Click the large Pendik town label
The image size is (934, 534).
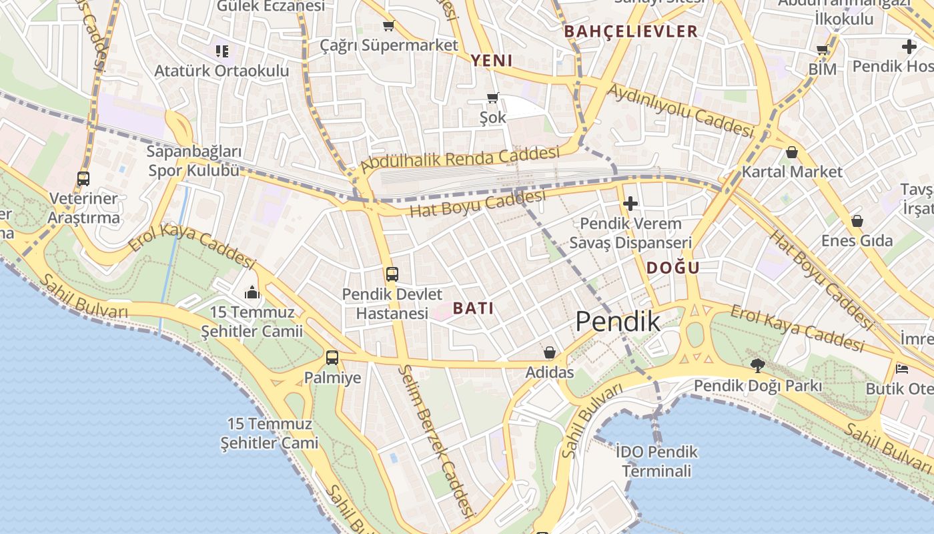[618, 322]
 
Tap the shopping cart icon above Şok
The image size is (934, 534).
[493, 98]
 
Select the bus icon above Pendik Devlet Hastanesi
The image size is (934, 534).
[392, 274]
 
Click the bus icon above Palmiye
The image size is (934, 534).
[332, 357]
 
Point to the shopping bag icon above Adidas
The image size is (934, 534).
[550, 352]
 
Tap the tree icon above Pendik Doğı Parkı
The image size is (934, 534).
[757, 365]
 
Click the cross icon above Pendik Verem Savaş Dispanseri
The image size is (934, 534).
[630, 203]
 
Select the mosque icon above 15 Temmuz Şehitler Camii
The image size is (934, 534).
[252, 292]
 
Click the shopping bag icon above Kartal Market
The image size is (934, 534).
[792, 152]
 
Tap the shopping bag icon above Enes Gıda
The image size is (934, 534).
[857, 220]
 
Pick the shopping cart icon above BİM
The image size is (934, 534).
[823, 49]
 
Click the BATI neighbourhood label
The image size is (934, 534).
[473, 308]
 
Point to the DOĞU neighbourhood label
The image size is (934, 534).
[672, 268]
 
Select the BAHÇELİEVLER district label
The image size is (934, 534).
[630, 31]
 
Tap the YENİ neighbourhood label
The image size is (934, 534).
[492, 61]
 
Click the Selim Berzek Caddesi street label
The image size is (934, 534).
[437, 441]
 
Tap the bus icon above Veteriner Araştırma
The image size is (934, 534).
[83, 179]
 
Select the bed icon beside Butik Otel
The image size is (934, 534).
[902, 368]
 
